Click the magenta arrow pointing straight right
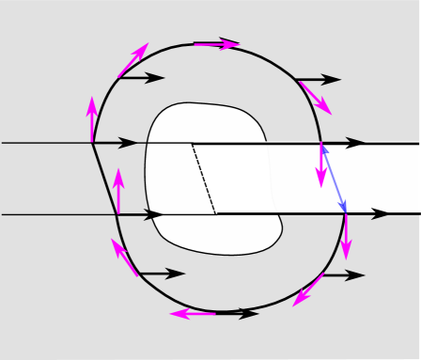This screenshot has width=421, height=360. point(216,44)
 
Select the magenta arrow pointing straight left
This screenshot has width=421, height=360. point(193,314)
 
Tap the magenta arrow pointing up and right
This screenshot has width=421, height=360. point(133,60)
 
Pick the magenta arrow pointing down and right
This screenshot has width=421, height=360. point(315,98)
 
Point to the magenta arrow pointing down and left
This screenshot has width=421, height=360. point(308,290)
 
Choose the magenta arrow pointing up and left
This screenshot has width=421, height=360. point(125,258)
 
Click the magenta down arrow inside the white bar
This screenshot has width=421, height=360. point(321,165)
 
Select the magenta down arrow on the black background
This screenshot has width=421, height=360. point(346,235)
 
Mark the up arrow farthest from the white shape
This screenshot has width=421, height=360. point(92,119)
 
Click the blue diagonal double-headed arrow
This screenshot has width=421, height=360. point(334,178)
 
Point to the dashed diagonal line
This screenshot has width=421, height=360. point(204,179)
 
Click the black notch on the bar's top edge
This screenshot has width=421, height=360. point(354,145)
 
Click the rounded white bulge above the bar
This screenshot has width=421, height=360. point(207,122)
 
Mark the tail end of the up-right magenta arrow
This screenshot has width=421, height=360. point(119,76)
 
